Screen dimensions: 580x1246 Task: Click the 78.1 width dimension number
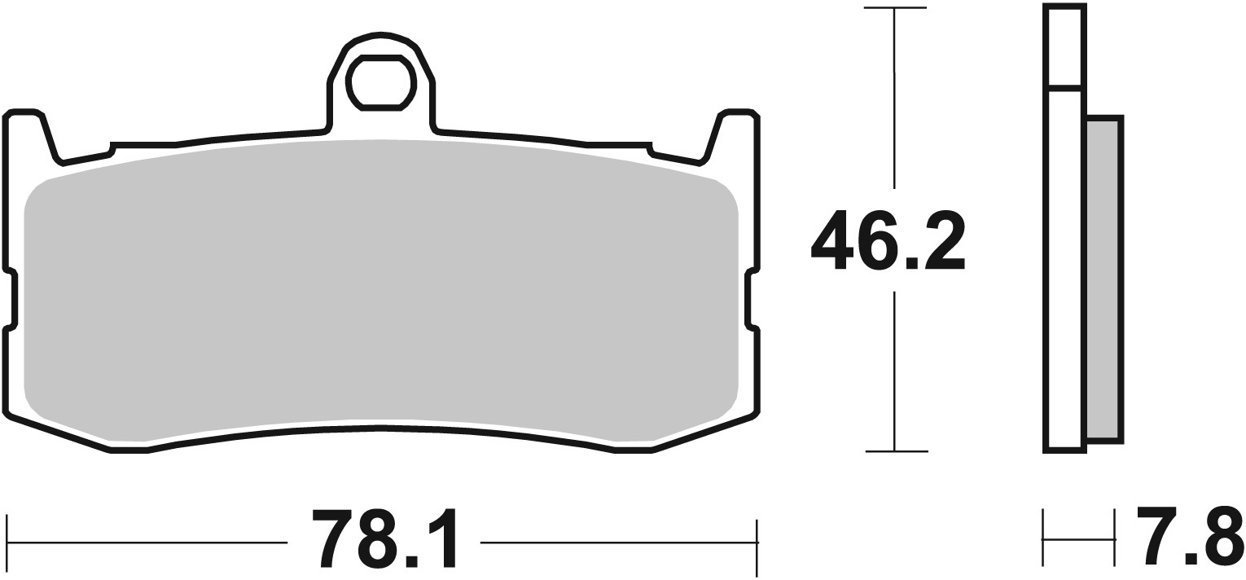tap(384, 539)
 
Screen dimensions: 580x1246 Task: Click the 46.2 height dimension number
tap(888, 240)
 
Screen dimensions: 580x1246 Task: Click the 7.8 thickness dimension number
tap(1190, 537)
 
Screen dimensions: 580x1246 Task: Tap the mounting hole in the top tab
tap(381, 81)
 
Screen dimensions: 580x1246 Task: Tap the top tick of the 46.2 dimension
tap(895, 9)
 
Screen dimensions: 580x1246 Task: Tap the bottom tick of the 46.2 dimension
tap(895, 450)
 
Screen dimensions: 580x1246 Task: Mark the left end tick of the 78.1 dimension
tap(7, 541)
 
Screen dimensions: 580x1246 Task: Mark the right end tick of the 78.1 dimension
tap(757, 541)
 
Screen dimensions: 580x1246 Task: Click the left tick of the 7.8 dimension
tap(1043, 538)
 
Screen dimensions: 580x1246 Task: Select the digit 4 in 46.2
tap(833, 240)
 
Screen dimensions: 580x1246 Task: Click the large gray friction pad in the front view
tap(381, 285)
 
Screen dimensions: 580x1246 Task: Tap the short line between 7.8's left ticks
tap(1079, 538)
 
